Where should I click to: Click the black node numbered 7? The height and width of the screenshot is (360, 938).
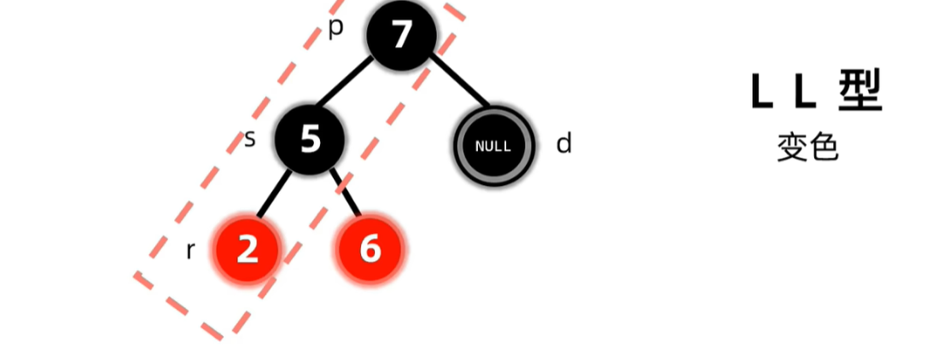point(401,35)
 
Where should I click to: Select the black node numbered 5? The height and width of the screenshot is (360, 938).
point(309,138)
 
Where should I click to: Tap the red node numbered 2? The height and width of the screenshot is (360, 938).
point(247,249)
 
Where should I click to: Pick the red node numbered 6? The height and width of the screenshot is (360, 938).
point(370,249)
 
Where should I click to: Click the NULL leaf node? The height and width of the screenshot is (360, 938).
point(493,145)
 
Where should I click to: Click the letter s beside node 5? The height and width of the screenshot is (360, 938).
point(250,138)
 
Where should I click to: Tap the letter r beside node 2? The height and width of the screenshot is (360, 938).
point(190,251)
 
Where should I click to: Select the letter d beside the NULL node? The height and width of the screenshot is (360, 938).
point(563,143)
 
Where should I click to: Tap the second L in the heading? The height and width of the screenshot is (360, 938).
point(807,91)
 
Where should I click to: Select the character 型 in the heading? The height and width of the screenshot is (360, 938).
point(858,91)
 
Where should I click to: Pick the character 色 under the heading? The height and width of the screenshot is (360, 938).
point(824,148)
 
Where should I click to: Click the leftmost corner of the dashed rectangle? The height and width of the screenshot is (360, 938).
point(137,276)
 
